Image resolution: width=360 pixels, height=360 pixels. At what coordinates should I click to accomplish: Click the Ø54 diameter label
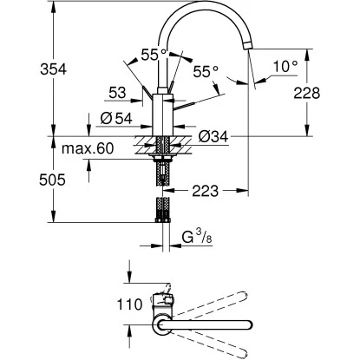[x=115, y=120]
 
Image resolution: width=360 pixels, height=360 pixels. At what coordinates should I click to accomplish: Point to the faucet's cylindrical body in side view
[x=165, y=113]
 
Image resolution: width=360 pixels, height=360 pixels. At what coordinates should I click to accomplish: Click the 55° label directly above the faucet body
[x=154, y=54]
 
